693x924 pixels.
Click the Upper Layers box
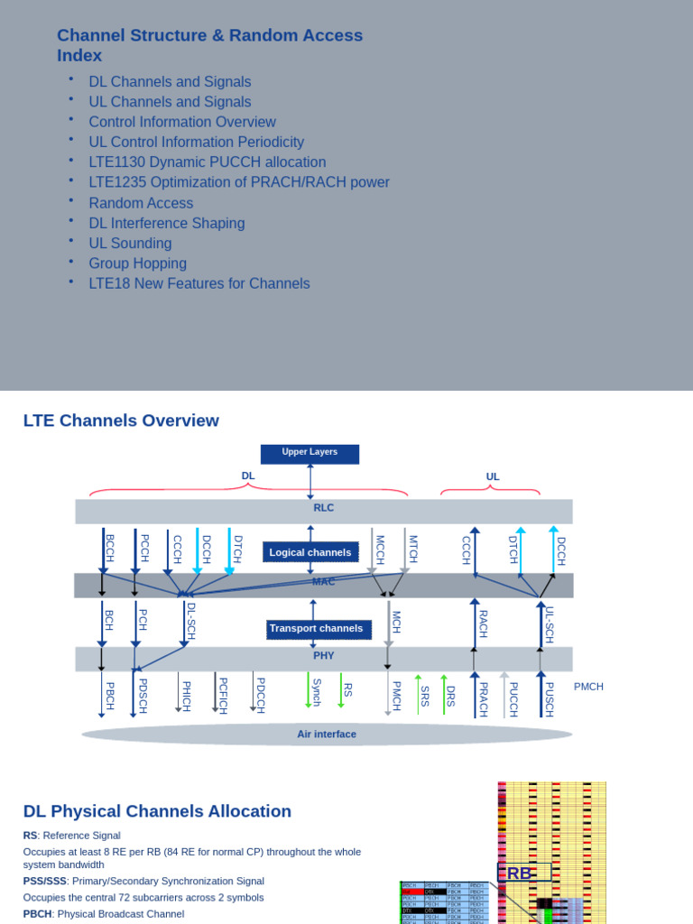[310, 453]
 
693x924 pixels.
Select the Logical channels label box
[310, 552]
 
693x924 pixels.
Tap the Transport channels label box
[316, 628]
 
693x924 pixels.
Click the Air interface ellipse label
[327, 735]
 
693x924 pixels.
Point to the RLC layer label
[324, 508]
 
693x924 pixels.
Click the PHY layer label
[324, 656]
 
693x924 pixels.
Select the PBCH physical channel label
[110, 696]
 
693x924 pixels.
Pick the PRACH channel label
[483, 698]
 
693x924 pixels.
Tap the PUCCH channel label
[513, 698]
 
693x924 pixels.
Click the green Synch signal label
[317, 693]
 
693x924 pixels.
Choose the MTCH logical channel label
[413, 549]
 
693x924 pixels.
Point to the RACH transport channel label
[483, 624]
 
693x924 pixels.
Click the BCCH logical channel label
[110, 549]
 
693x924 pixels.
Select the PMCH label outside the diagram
[588, 687]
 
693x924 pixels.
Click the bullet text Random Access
[141, 203]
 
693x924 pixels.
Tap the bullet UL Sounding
[130, 244]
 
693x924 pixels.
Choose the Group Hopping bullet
[137, 263]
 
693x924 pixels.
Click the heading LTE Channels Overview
[121, 420]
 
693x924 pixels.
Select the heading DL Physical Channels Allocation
[157, 811]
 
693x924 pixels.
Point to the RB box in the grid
[520, 873]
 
